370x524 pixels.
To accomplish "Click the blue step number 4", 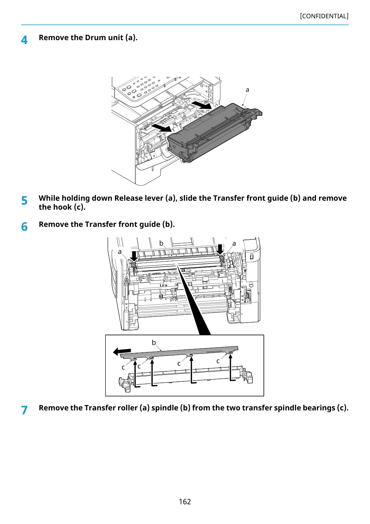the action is pos(24,40).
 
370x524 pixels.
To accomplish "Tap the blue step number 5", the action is pos(24,200).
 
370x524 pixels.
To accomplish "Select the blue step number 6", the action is pos(24,227).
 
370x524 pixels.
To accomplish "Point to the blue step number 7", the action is pos(24,410).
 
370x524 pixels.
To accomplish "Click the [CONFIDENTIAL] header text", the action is pos(324,16).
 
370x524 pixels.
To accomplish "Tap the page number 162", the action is pos(185,501).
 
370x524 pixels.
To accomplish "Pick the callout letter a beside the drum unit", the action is pos(247,90).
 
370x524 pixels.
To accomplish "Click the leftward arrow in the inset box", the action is pos(122,351).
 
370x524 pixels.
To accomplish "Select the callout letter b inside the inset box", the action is pos(154,343).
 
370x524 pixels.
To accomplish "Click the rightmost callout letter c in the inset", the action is pos(218,361).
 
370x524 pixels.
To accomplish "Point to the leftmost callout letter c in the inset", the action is pos(123,367).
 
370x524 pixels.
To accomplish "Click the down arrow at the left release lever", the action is pos(134,256).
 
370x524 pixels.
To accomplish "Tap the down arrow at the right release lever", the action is pos(220,249).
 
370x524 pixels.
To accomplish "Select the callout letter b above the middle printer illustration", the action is pos(161,243).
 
